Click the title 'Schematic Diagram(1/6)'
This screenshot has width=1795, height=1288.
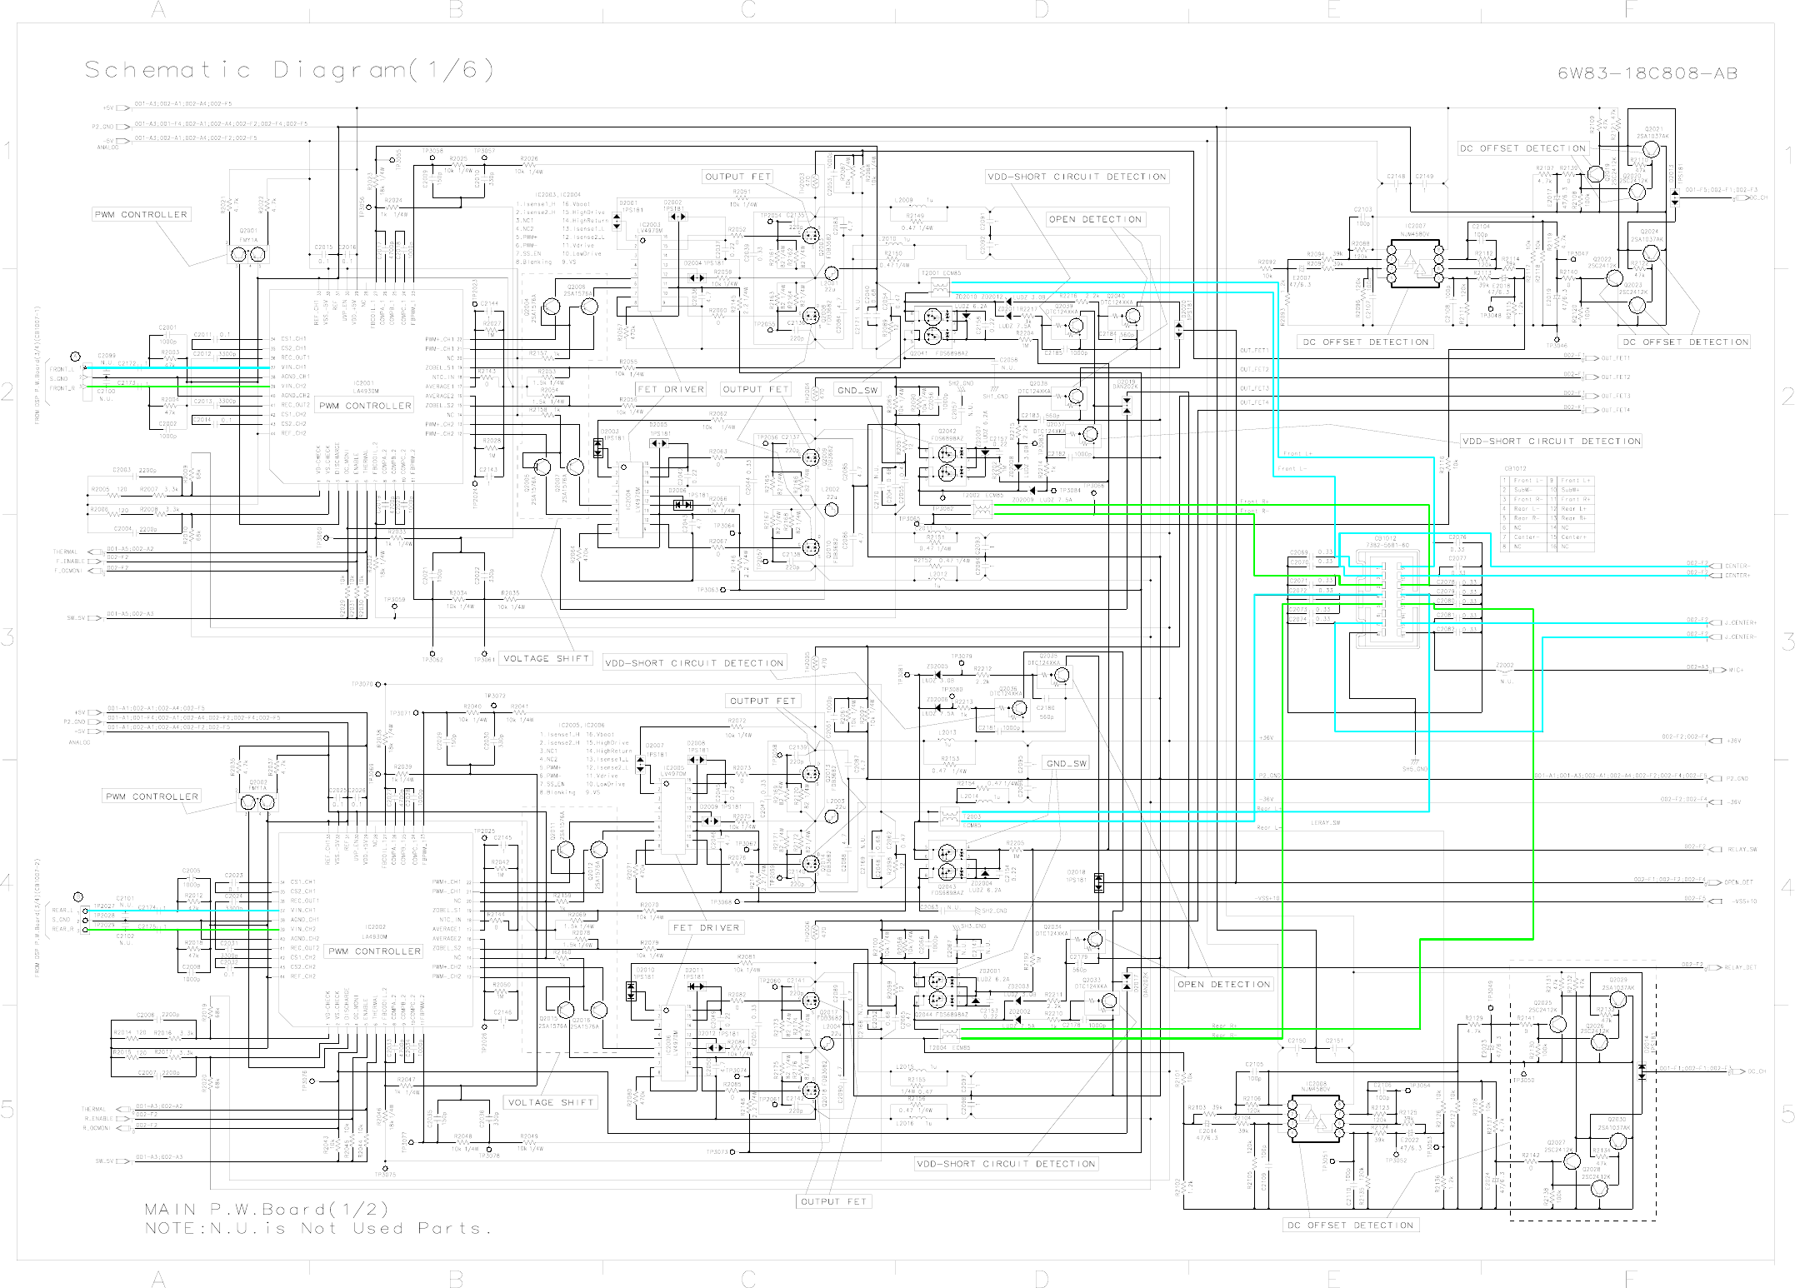289,70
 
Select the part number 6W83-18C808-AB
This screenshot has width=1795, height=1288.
1647,73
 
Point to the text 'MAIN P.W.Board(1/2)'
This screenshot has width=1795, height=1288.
267,1209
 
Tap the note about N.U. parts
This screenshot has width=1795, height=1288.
317,1228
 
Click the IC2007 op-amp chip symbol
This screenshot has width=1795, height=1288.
1415,264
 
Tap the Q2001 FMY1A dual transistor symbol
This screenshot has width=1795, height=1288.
247,253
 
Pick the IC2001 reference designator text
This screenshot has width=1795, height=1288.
363,384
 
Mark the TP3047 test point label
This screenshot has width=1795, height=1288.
1577,254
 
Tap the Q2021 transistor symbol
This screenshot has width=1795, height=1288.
1651,151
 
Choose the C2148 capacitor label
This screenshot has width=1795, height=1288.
1396,177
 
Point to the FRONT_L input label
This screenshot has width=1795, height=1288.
62,369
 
